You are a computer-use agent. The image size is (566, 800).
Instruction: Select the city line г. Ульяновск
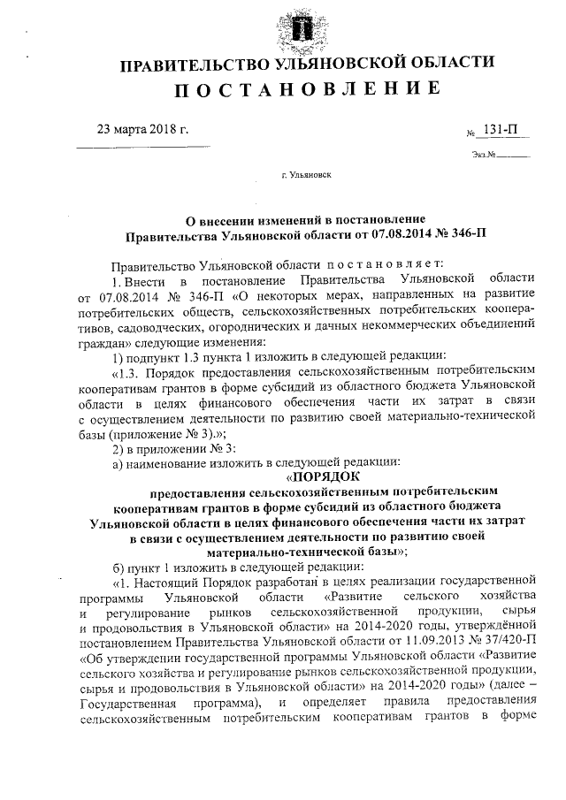click(305, 176)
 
